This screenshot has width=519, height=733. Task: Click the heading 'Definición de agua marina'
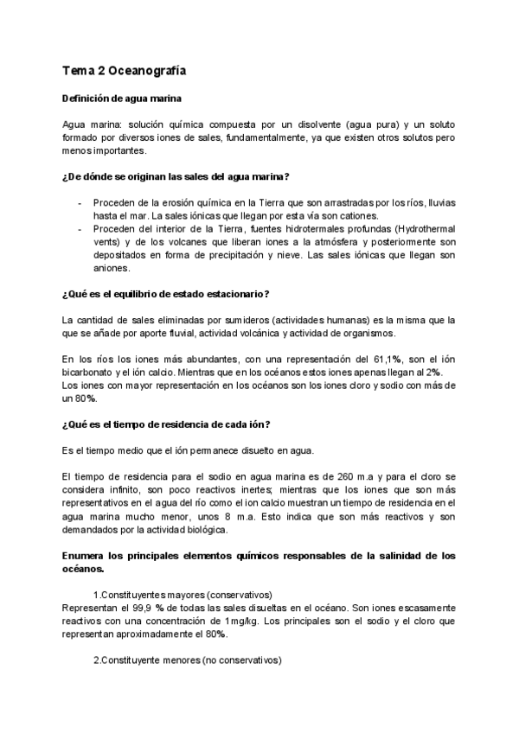tap(122, 99)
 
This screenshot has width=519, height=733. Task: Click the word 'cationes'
tap(356, 215)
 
